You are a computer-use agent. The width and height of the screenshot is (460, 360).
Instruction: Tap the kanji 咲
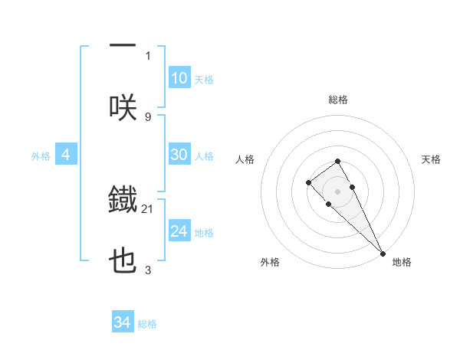[123, 107]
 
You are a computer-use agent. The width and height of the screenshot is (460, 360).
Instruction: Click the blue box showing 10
[179, 78]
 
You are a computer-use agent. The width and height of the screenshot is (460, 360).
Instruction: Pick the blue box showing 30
[179, 155]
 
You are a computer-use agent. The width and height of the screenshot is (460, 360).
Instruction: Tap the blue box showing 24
[179, 231]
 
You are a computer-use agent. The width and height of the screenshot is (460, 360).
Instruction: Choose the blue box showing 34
[123, 322]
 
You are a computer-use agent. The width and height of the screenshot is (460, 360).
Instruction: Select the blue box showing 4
[66, 155]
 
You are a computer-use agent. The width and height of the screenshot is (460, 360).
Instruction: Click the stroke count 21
[148, 208]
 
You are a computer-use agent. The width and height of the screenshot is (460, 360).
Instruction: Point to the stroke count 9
[148, 116]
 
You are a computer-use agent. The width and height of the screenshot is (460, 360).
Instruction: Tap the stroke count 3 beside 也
[148, 270]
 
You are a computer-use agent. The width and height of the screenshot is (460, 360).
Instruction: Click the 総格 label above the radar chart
[338, 100]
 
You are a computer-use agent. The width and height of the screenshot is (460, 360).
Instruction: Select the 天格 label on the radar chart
[431, 159]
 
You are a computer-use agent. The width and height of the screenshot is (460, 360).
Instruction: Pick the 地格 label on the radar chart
[402, 262]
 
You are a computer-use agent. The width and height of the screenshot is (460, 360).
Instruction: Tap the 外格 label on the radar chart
[271, 262]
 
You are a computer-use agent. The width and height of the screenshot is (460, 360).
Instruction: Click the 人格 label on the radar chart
[245, 159]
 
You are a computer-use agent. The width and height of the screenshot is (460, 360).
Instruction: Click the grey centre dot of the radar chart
[337, 191]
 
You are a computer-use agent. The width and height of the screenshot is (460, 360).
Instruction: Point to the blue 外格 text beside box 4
[40, 155]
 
